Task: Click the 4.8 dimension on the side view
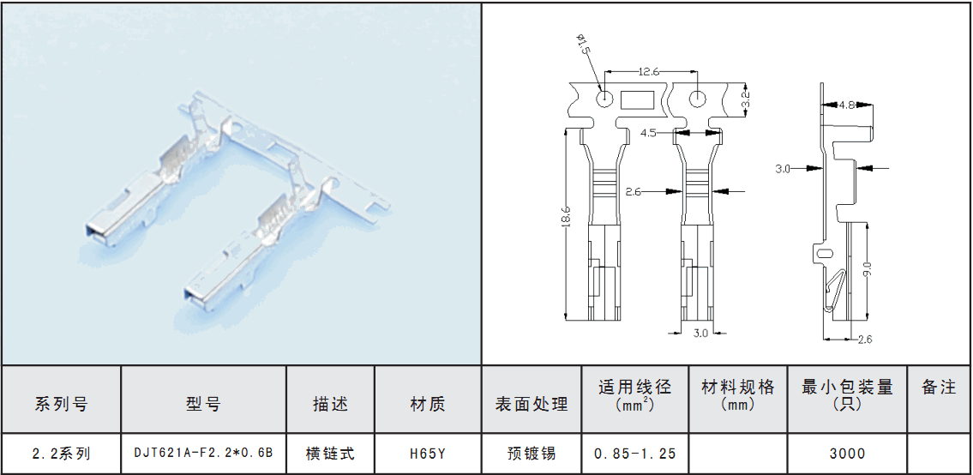click(846, 105)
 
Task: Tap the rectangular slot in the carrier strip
click(636, 100)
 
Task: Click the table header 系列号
click(61, 404)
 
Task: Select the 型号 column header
click(203, 404)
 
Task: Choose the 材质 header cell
click(428, 404)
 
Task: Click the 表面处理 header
click(532, 404)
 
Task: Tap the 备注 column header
click(939, 388)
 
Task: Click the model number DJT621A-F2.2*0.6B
click(203, 453)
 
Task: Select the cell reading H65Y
click(428, 454)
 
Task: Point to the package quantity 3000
click(847, 454)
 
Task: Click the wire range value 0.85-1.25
click(635, 454)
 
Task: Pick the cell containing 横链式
click(330, 454)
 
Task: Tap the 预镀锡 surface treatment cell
click(532, 454)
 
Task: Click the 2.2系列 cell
click(61, 454)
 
